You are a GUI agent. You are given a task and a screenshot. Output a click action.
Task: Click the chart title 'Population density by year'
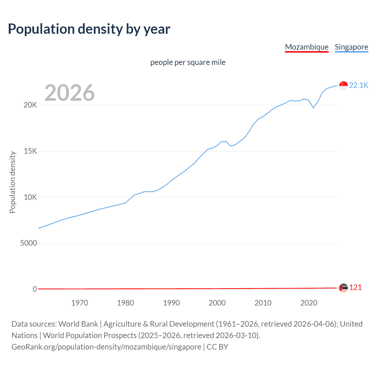[89, 29]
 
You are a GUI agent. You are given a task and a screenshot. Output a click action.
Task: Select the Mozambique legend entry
[307, 47]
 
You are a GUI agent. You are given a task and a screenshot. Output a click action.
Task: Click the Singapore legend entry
[351, 47]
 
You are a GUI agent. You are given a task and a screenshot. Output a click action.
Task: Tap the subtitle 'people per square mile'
[188, 62]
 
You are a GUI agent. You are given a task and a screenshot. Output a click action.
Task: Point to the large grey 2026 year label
[70, 93]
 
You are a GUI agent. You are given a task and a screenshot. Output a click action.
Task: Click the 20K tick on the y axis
[30, 105]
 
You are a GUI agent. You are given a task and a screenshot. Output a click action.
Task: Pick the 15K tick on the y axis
[30, 151]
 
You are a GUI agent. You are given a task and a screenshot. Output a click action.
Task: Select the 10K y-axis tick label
[30, 197]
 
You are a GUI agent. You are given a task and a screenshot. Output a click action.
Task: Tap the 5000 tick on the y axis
[28, 243]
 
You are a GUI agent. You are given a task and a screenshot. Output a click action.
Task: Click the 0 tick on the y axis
[35, 289]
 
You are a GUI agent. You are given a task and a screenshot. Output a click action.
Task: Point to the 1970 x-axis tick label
[80, 303]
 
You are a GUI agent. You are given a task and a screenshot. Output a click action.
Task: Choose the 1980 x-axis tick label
[125, 303]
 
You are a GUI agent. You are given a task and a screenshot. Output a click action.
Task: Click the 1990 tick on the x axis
[171, 303]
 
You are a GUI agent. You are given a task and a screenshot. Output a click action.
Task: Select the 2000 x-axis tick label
[217, 303]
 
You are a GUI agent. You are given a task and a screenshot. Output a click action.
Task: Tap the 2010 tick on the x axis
[263, 303]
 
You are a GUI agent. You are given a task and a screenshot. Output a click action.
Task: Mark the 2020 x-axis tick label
[309, 303]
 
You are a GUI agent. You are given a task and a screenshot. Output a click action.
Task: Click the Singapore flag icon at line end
[343, 85]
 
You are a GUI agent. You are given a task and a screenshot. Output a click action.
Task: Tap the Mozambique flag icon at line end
[343, 288]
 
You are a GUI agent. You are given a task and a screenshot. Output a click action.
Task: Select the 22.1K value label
[358, 85]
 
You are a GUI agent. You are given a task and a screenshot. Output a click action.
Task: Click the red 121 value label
[355, 287]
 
